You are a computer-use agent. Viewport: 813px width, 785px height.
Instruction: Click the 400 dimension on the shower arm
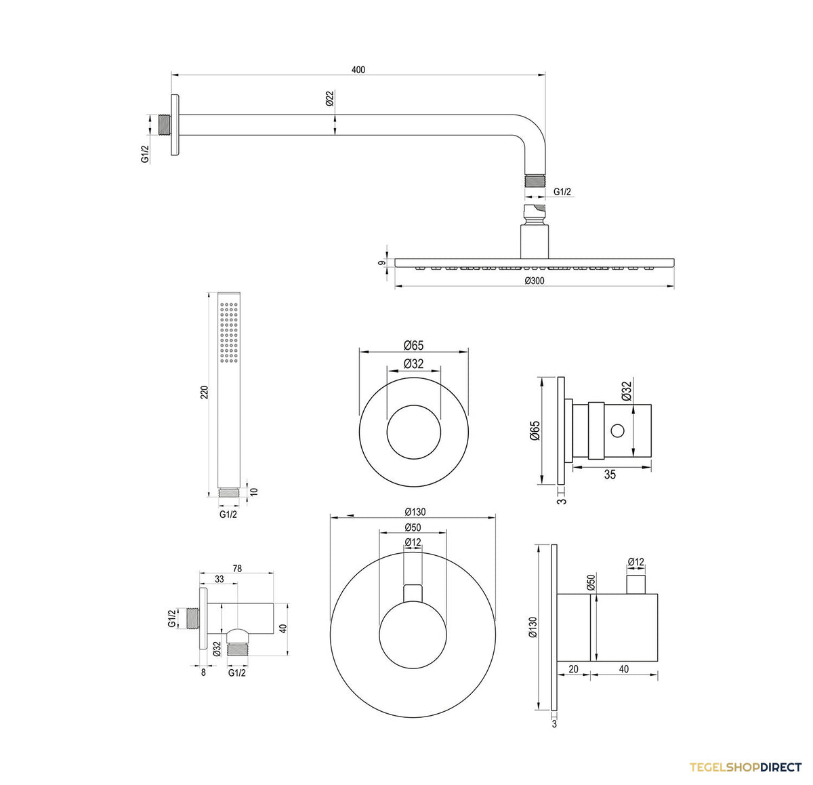click(x=358, y=70)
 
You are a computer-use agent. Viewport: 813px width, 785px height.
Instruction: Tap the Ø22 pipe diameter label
click(x=330, y=98)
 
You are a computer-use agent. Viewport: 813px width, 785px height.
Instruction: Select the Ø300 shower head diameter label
click(x=535, y=281)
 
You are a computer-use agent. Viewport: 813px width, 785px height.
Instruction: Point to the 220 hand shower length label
click(x=205, y=392)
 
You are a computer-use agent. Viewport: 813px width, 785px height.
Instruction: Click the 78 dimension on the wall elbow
click(x=237, y=569)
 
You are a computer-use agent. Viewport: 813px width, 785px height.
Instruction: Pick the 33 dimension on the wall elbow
click(x=220, y=579)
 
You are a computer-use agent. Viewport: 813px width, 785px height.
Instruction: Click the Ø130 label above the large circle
click(x=415, y=512)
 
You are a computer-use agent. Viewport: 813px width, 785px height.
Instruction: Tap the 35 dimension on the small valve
click(x=610, y=475)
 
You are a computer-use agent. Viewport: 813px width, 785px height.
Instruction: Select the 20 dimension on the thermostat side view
click(x=573, y=669)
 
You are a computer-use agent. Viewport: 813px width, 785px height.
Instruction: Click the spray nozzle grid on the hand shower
click(x=229, y=333)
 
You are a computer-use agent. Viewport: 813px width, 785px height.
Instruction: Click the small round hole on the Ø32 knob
click(x=617, y=430)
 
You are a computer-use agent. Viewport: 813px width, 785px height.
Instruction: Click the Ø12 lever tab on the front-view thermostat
click(x=413, y=593)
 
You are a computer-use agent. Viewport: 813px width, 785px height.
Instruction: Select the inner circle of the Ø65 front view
click(x=413, y=405)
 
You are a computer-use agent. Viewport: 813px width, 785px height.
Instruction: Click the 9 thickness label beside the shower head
click(x=381, y=263)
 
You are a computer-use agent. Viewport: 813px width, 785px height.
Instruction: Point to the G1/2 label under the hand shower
click(x=228, y=514)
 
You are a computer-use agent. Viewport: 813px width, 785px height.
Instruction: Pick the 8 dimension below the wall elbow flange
click(x=203, y=672)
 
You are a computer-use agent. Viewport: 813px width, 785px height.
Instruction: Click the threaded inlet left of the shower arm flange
click(x=165, y=125)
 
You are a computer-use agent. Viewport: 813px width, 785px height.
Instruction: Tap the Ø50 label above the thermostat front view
click(x=413, y=527)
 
